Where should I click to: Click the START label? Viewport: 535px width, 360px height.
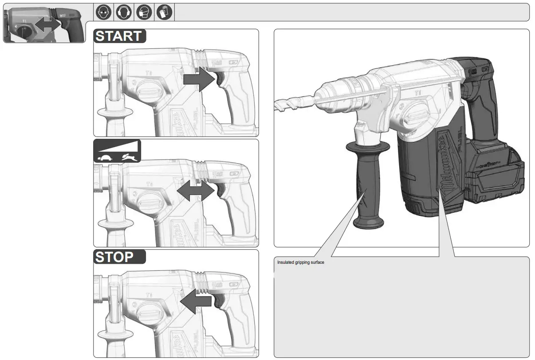(x=119, y=36)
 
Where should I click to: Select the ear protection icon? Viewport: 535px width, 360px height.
(x=123, y=12)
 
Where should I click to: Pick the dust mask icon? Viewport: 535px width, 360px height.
(x=143, y=12)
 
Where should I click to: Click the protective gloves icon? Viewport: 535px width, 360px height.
(x=163, y=12)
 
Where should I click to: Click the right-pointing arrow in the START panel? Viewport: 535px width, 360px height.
(x=199, y=79)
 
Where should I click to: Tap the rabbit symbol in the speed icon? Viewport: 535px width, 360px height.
(x=128, y=156)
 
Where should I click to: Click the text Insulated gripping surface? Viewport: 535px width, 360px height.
(x=300, y=262)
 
